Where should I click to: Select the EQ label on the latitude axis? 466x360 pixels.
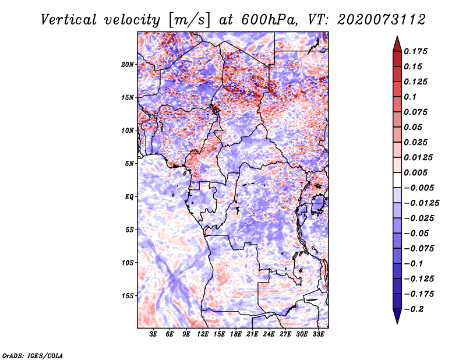tap(129, 197)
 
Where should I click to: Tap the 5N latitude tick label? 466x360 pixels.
tap(130, 164)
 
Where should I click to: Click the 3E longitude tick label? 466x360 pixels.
tap(154, 335)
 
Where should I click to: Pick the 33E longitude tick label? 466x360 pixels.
tap(319, 335)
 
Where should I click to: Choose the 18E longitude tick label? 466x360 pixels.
tap(236, 335)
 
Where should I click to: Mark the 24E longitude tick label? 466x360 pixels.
tap(269, 335)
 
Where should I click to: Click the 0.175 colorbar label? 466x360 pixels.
tap(417, 51)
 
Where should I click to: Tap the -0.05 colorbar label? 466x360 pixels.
tap(417, 233)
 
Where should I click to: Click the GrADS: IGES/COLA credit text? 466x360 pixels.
tap(32, 355)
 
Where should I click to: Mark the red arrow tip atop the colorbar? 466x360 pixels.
tap(396, 42)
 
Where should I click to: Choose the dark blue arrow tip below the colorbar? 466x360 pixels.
tap(396, 318)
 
